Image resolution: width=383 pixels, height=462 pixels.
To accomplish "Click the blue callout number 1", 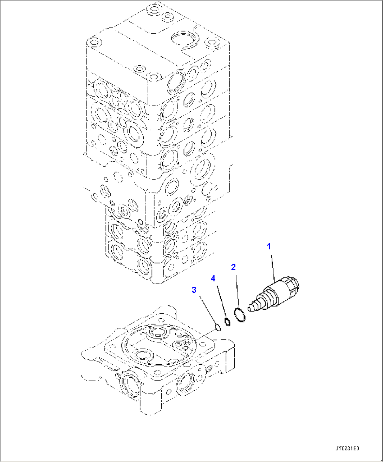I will click(x=269, y=246).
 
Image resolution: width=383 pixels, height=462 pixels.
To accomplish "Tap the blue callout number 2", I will click(x=233, y=267).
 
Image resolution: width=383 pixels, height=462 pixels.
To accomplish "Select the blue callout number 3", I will click(x=194, y=290).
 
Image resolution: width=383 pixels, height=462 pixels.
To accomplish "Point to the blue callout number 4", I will click(x=213, y=279).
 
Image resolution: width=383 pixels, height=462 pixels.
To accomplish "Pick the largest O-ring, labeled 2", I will click(x=240, y=314).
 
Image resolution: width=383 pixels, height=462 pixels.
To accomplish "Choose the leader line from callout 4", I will click(x=220, y=300).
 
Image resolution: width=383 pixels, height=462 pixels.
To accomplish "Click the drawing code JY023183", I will click(x=347, y=449).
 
